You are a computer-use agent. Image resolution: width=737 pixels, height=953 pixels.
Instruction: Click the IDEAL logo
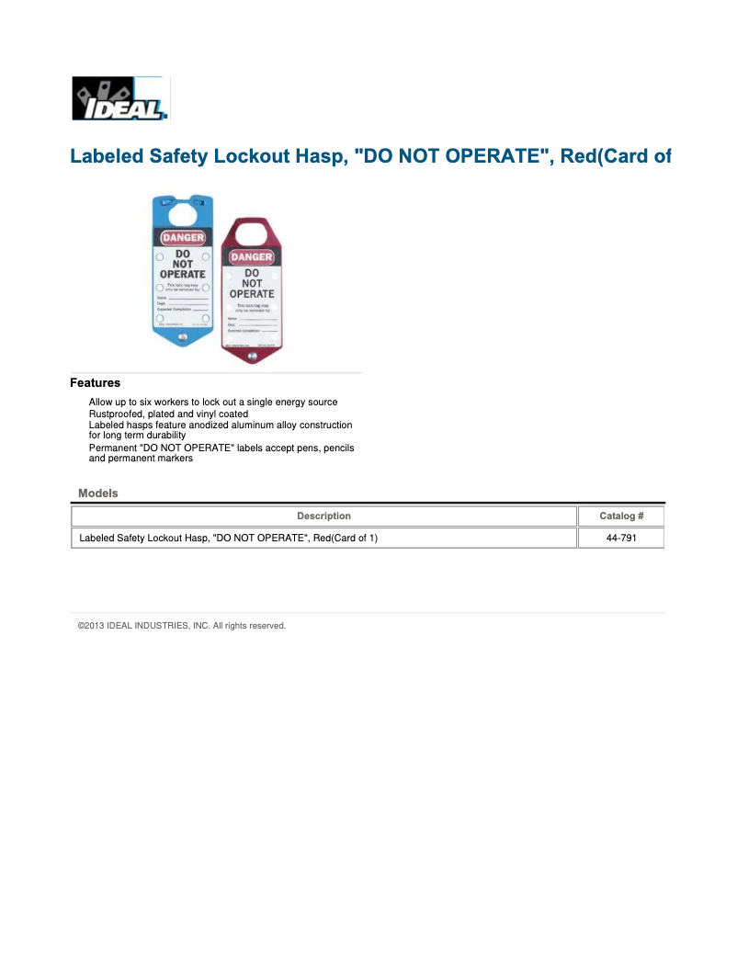[x=120, y=98]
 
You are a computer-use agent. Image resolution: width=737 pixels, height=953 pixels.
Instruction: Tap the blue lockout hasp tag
[x=183, y=276]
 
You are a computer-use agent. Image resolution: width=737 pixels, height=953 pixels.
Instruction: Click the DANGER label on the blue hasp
[x=183, y=237]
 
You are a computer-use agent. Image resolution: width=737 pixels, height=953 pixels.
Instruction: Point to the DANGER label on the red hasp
[x=252, y=257]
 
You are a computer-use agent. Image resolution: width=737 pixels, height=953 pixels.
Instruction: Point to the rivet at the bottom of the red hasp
[x=252, y=352]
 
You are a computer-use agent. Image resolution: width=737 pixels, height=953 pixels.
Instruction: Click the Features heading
[x=95, y=383]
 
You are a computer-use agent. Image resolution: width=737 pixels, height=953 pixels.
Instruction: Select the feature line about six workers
[x=212, y=403]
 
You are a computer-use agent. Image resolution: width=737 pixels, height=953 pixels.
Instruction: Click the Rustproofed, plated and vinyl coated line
[x=168, y=414]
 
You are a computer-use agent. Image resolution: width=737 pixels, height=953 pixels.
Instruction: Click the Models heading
[x=98, y=494]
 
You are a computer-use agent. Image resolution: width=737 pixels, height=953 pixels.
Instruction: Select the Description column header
[x=323, y=516]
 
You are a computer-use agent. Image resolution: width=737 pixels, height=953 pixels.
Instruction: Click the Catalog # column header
[x=621, y=516]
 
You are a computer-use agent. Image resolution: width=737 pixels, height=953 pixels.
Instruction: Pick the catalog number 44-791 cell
[x=621, y=539]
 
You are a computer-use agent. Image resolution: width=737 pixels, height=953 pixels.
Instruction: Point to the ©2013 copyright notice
[x=182, y=626]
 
